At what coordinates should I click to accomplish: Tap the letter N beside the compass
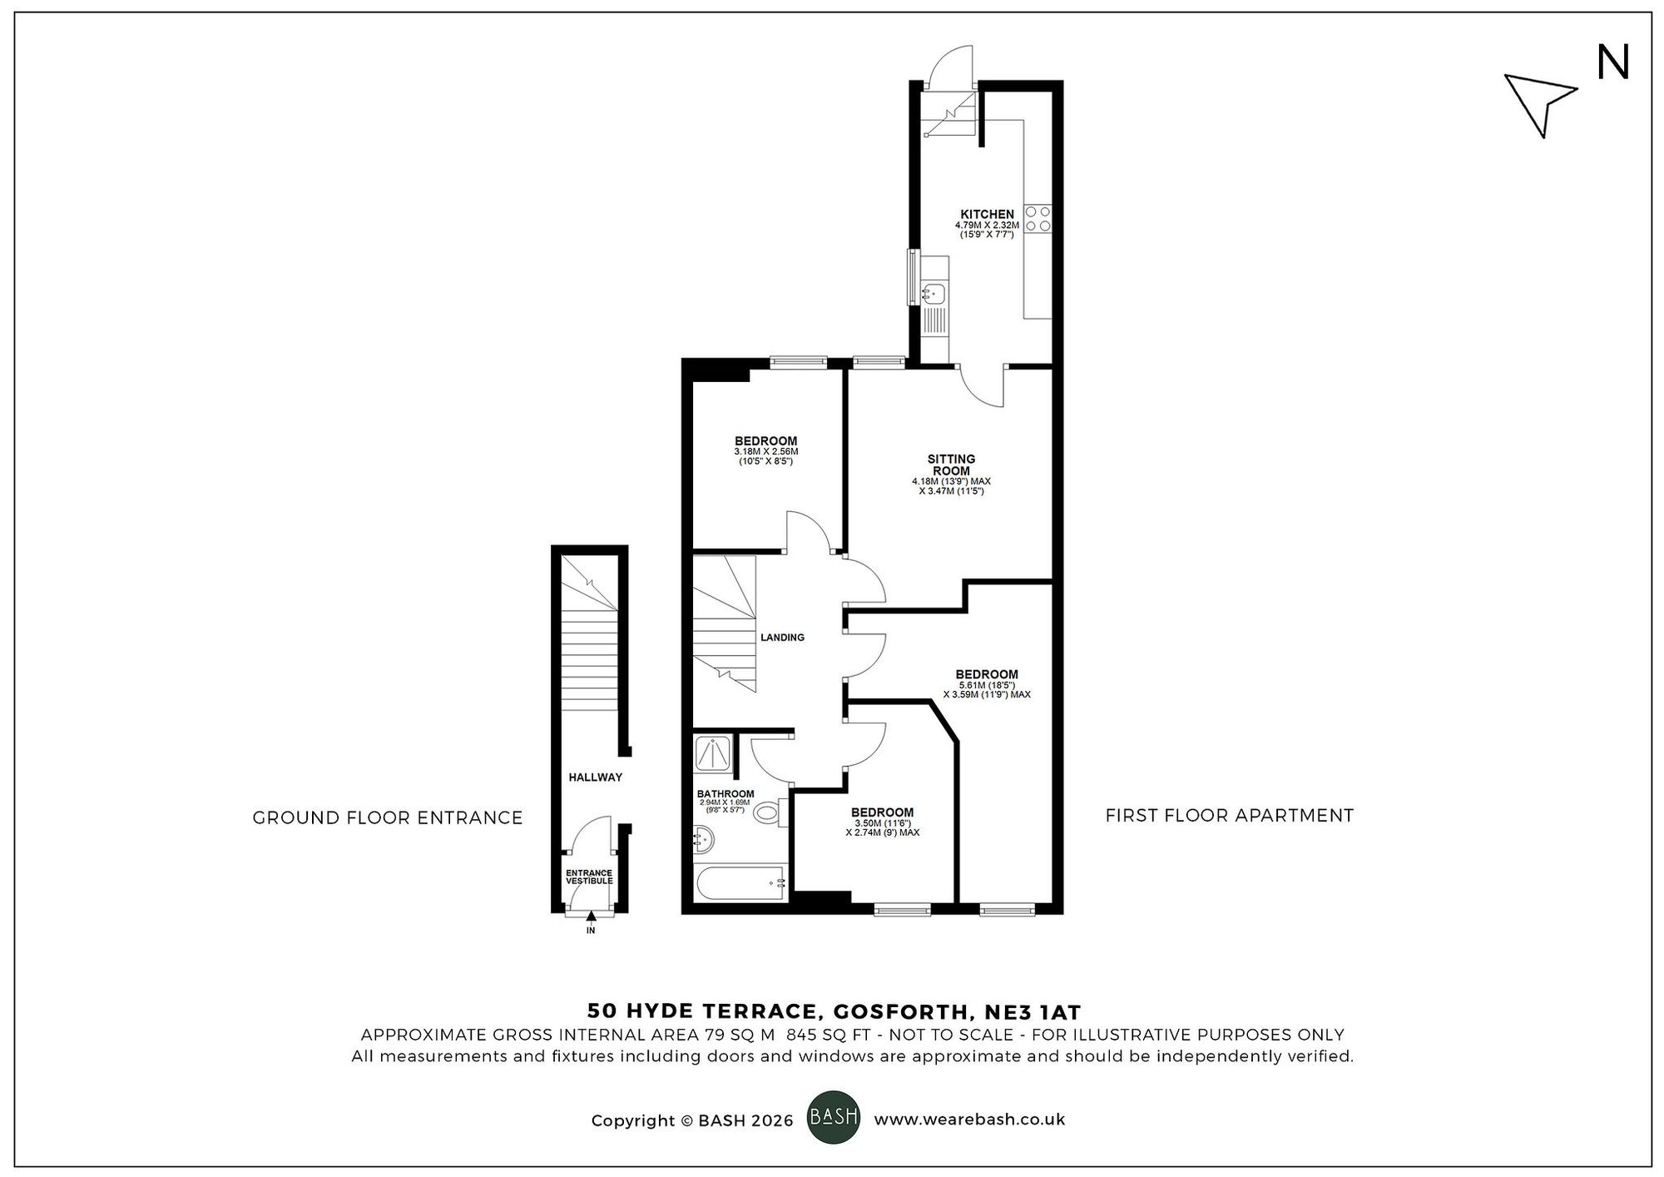click(x=1612, y=63)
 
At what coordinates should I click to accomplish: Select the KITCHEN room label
click(x=987, y=214)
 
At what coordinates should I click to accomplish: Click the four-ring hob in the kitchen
click(x=1038, y=218)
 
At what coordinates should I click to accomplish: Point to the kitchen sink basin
click(x=934, y=292)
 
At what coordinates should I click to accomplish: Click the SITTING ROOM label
click(x=951, y=464)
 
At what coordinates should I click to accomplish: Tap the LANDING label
click(x=782, y=638)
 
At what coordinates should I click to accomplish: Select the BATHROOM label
click(x=726, y=793)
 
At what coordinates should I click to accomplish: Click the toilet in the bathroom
click(x=770, y=813)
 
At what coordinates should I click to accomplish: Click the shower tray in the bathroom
click(x=715, y=754)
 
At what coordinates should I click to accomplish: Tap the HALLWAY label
click(x=595, y=777)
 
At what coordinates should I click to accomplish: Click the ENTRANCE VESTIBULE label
click(x=589, y=877)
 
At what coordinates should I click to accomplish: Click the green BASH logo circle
click(x=834, y=1116)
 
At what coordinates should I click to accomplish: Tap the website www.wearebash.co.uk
click(x=969, y=1120)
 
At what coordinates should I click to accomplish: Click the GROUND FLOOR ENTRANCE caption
click(x=388, y=818)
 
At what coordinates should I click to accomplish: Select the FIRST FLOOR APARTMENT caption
click(x=1229, y=816)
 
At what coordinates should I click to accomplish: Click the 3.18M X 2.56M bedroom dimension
click(x=765, y=451)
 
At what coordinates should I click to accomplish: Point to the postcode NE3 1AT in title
click(x=1033, y=1012)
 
